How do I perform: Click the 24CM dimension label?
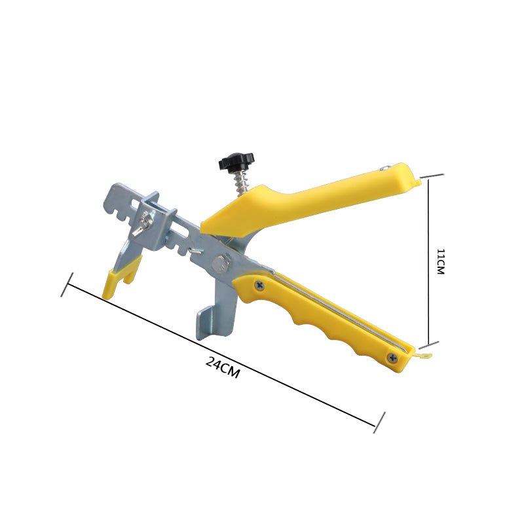point(223,367)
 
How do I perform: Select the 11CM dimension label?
point(441,261)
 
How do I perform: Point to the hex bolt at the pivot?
point(221,263)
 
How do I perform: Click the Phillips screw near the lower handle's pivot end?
point(259,285)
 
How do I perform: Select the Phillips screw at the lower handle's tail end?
point(392,358)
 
